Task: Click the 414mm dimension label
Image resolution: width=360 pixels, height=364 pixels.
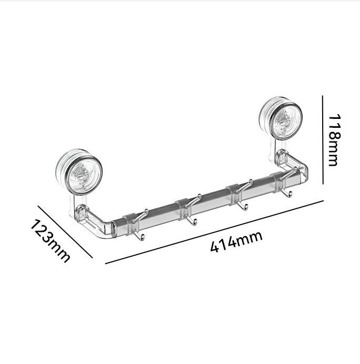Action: (236, 242)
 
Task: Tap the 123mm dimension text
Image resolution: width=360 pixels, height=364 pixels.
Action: (50, 241)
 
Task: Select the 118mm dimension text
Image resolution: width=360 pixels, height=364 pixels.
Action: (334, 140)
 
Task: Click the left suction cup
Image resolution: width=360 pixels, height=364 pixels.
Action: (79, 172)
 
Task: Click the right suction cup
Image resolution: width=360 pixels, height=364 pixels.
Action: (281, 119)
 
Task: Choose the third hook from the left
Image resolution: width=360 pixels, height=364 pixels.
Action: (242, 195)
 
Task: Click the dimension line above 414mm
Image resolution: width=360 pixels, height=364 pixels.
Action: (214, 232)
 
